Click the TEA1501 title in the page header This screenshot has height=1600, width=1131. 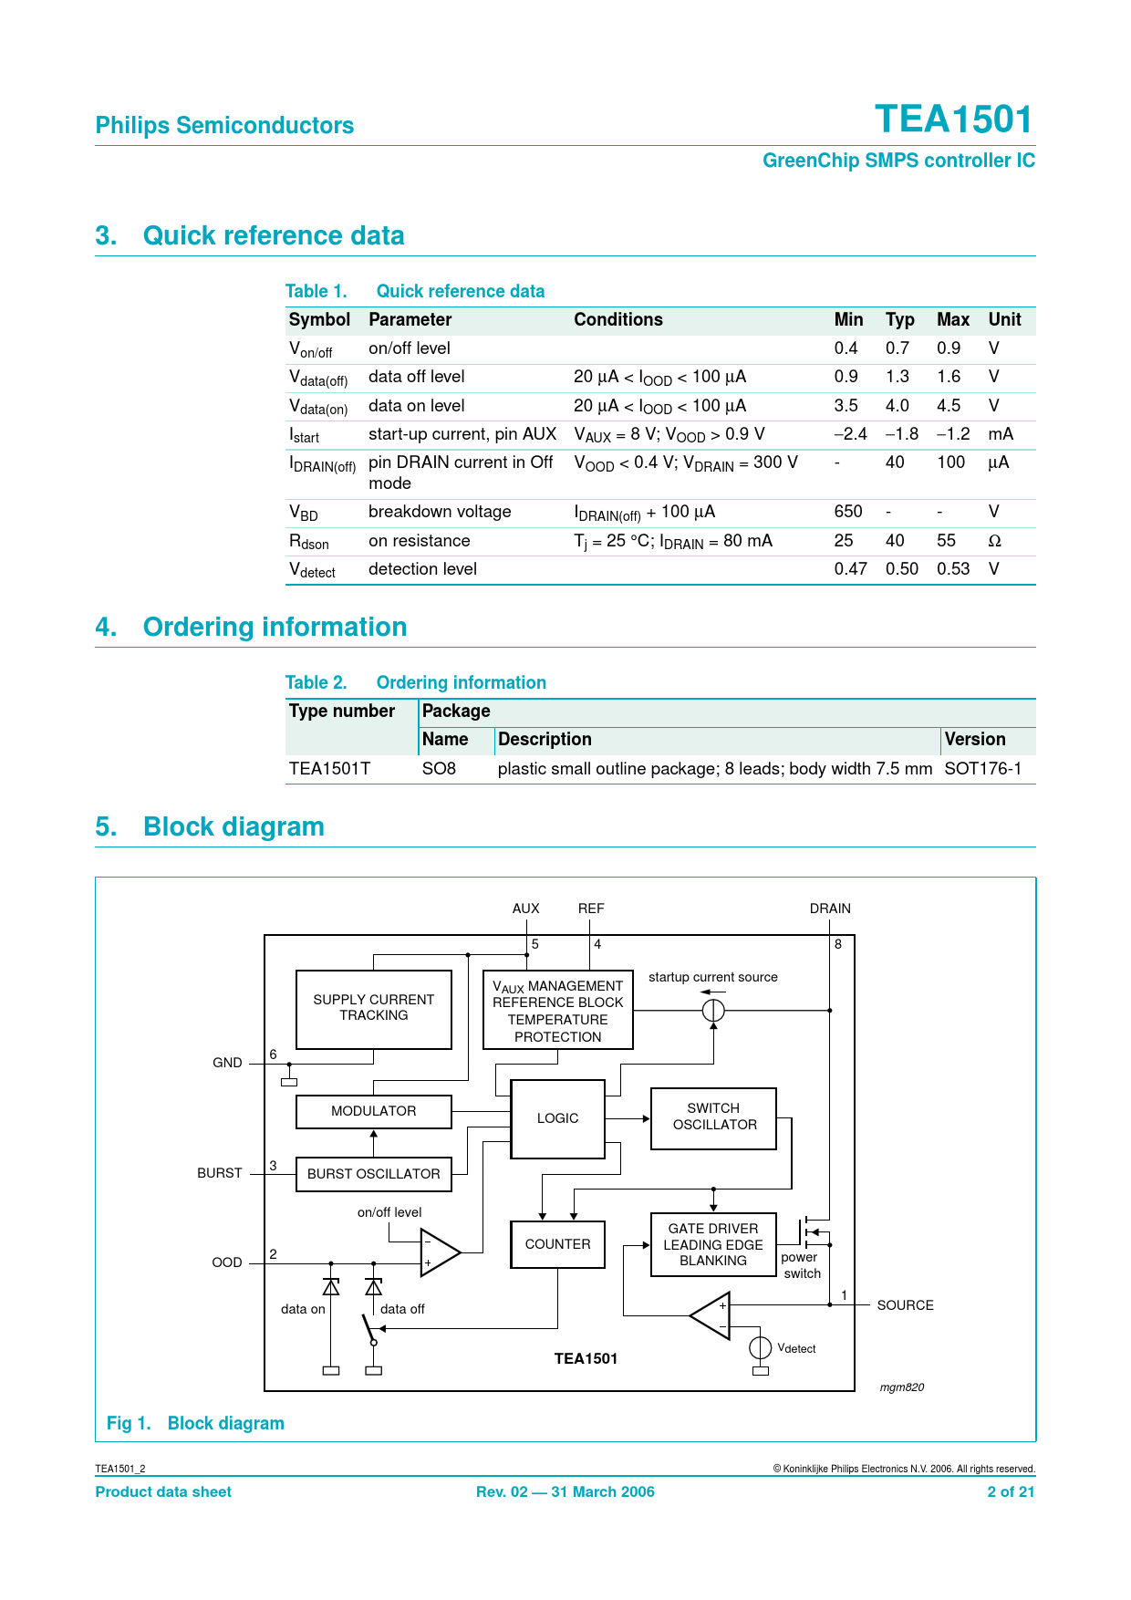coord(953,119)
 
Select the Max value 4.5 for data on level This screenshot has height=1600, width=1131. coord(949,406)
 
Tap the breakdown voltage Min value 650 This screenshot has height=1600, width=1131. coord(848,512)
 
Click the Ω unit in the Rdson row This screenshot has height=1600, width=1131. coord(995,541)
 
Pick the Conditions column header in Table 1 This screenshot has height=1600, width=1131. coord(618,319)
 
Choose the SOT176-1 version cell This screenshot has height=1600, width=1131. coord(983,769)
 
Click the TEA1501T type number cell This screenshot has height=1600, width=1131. coord(329,769)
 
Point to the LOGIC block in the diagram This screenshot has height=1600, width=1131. coord(558,1119)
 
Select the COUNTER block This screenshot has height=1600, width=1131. coord(558,1244)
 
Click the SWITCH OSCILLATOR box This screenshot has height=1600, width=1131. coord(714,1118)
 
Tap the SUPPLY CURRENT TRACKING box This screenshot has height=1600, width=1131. coord(374,1009)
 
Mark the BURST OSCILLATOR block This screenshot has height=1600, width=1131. coord(374,1174)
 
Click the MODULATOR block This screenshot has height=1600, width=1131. coord(374,1111)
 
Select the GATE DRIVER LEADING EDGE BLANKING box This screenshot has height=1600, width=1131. coord(713,1244)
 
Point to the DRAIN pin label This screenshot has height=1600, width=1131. coord(830,909)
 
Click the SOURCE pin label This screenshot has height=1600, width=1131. coord(906,1305)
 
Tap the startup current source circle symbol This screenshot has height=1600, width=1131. coord(713,1011)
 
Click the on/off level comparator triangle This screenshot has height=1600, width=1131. coord(440,1252)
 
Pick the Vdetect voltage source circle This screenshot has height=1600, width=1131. coord(761,1347)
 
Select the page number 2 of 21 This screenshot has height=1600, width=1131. coord(1011,1491)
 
